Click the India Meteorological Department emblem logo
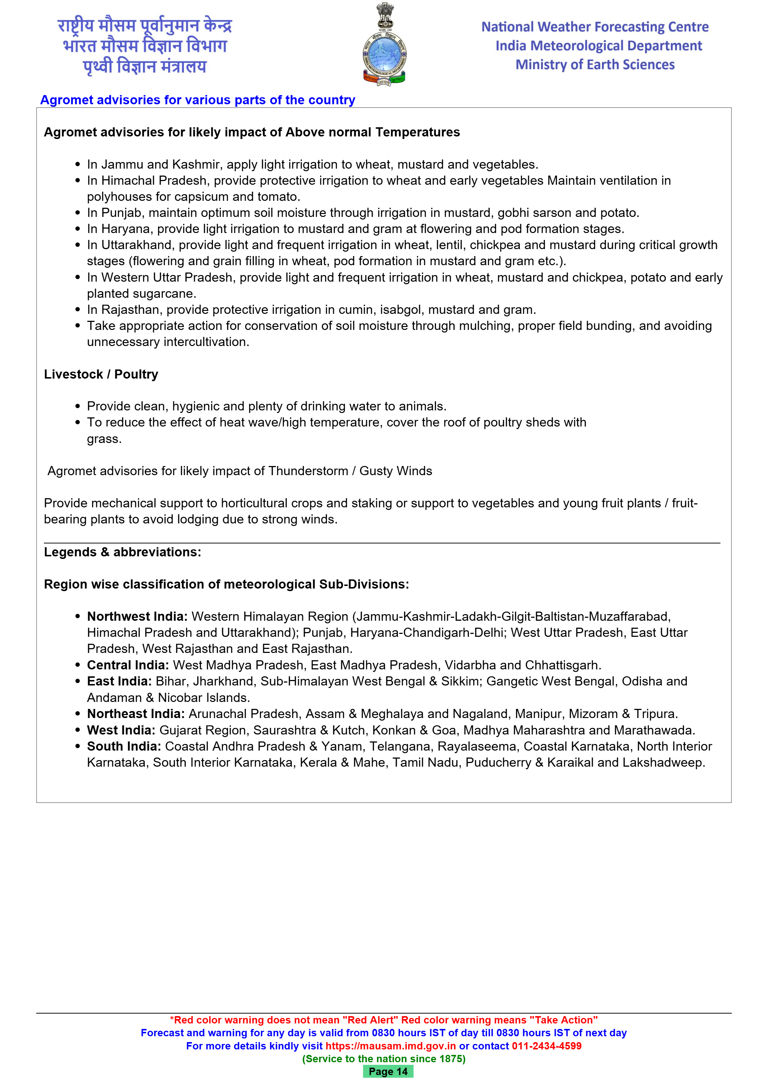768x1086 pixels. (x=384, y=45)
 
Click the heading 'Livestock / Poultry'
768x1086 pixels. (x=101, y=374)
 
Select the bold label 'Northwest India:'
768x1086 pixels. (x=137, y=616)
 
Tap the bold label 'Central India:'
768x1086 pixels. (x=128, y=665)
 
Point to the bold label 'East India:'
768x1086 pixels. (x=119, y=681)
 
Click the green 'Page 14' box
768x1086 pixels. (x=388, y=1071)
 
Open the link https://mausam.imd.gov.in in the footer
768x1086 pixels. (x=391, y=1046)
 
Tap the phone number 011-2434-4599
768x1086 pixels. (x=547, y=1046)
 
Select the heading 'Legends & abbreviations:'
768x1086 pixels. (x=123, y=552)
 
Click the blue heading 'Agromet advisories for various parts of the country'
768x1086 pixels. (x=198, y=100)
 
